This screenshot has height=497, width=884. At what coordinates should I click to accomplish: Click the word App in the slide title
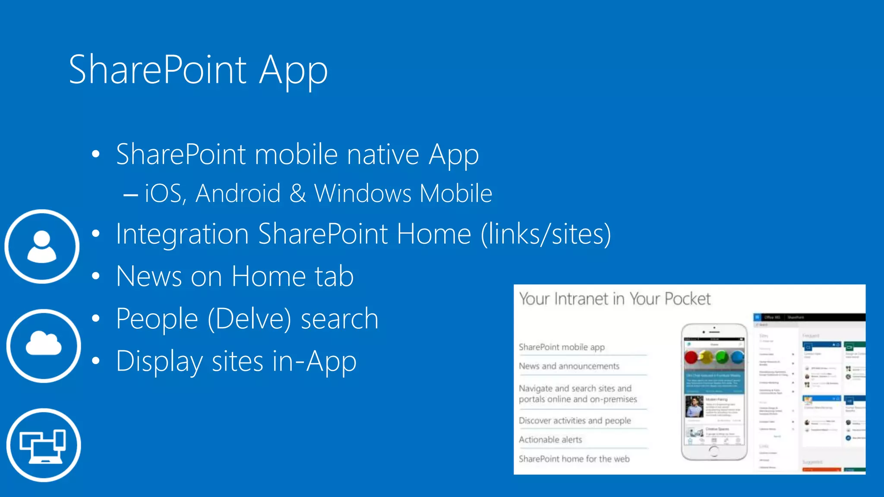click(293, 71)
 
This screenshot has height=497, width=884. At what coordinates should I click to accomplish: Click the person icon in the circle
click(42, 246)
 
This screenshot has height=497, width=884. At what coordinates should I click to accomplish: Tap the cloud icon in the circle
click(44, 346)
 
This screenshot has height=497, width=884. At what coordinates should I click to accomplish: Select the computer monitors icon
click(44, 445)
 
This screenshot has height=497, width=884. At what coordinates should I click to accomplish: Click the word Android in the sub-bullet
click(238, 193)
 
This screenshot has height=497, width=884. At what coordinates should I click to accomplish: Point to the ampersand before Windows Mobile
click(297, 193)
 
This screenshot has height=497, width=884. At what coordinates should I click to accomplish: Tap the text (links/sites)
click(546, 234)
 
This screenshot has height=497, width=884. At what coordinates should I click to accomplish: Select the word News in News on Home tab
click(149, 277)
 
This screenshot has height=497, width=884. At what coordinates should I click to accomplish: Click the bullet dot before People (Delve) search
click(96, 319)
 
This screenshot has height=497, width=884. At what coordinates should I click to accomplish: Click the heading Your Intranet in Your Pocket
click(614, 299)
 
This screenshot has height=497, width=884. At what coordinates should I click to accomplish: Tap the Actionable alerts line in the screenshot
click(550, 440)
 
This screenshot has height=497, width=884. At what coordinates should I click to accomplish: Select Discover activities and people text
click(575, 421)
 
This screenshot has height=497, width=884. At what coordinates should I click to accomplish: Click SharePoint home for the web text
click(574, 459)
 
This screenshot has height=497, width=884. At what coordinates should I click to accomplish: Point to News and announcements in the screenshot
click(569, 366)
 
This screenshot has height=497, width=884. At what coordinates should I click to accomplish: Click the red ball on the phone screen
click(691, 357)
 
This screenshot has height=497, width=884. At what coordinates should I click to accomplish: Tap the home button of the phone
click(714, 451)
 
